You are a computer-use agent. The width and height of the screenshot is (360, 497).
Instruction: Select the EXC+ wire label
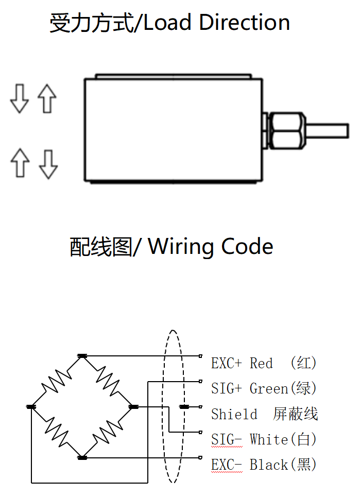pos(226,363)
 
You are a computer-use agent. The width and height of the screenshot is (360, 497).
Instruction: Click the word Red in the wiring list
pos(261,363)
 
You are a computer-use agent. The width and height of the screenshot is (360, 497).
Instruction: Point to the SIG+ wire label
pos(226,388)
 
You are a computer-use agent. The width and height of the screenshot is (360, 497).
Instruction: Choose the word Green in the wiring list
pos(268,388)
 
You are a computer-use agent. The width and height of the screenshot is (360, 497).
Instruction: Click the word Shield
pos(234,414)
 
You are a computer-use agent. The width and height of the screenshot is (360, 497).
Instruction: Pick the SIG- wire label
pos(226,439)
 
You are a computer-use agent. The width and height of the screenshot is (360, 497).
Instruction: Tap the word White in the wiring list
pos(268,439)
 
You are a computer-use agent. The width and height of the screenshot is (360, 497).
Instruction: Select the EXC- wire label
pos(226,465)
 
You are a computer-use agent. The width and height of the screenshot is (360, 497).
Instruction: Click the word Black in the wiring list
pos(268,465)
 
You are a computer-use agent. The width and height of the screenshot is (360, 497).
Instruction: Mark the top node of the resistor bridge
pos(82,356)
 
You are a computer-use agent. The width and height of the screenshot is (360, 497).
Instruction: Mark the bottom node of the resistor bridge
pos(82,457)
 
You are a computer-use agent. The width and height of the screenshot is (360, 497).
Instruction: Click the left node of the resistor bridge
pos(31,407)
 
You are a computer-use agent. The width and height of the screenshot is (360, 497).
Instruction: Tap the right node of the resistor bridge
pos(133,407)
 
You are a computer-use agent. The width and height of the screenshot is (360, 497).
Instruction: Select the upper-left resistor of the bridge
pos(56,382)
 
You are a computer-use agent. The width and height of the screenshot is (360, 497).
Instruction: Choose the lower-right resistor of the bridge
pos(108,432)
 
